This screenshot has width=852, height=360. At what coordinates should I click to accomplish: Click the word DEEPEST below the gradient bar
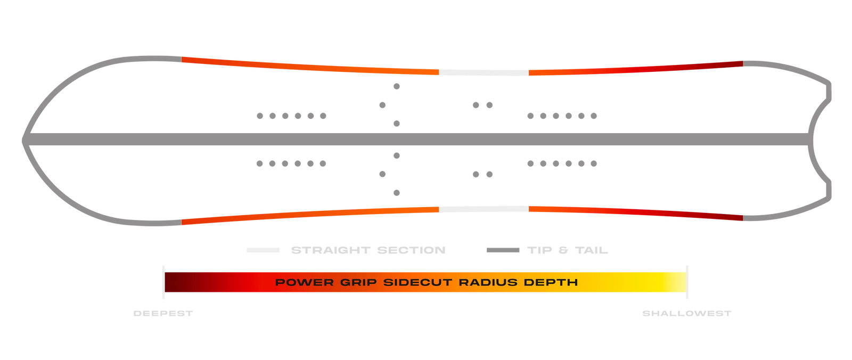(x=163, y=313)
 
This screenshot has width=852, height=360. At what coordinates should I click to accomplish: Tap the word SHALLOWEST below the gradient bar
(x=686, y=313)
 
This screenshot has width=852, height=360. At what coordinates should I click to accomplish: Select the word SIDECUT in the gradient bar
(x=418, y=282)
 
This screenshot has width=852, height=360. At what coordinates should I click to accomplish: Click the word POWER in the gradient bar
(x=304, y=282)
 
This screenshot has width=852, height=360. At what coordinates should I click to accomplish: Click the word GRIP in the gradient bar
(x=358, y=282)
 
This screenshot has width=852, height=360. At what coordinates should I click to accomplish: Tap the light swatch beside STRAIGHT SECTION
(x=263, y=250)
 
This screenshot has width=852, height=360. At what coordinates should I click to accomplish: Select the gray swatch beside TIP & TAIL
(x=503, y=250)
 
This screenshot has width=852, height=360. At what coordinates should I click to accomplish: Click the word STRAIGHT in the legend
(x=331, y=250)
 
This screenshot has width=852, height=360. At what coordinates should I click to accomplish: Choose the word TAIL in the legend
(x=592, y=250)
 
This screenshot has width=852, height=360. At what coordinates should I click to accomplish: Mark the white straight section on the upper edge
(x=484, y=72)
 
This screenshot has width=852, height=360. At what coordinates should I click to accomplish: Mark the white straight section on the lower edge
(x=484, y=209)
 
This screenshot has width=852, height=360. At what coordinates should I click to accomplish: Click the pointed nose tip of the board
(x=23, y=141)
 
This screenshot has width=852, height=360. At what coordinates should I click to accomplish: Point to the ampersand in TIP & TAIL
(x=563, y=250)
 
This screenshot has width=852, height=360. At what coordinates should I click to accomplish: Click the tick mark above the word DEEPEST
(x=163, y=282)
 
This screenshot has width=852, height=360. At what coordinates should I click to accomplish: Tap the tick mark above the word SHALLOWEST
(x=687, y=282)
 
